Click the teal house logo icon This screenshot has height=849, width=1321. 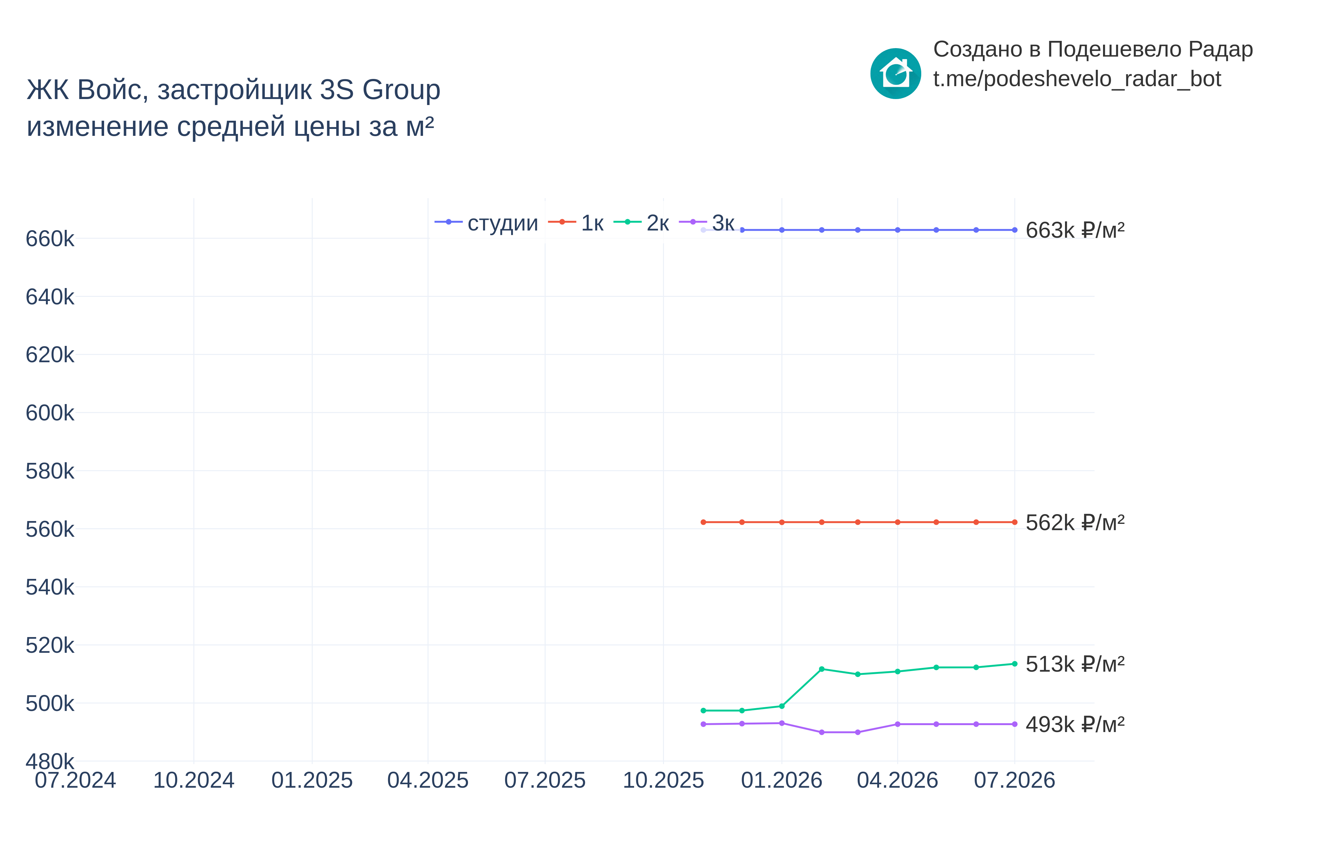click(895, 73)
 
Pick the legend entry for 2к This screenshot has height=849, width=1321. click(641, 223)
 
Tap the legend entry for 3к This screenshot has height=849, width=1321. click(707, 223)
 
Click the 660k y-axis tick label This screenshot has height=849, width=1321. click(50, 239)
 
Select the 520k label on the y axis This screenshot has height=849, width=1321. click(50, 645)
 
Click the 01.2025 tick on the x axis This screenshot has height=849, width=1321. click(312, 780)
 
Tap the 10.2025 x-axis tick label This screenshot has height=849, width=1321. click(663, 780)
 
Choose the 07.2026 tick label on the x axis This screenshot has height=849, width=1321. click(1014, 780)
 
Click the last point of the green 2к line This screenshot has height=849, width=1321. click(1014, 664)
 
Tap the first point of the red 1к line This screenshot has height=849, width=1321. click(703, 522)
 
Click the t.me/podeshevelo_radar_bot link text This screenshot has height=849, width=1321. click(1077, 79)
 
